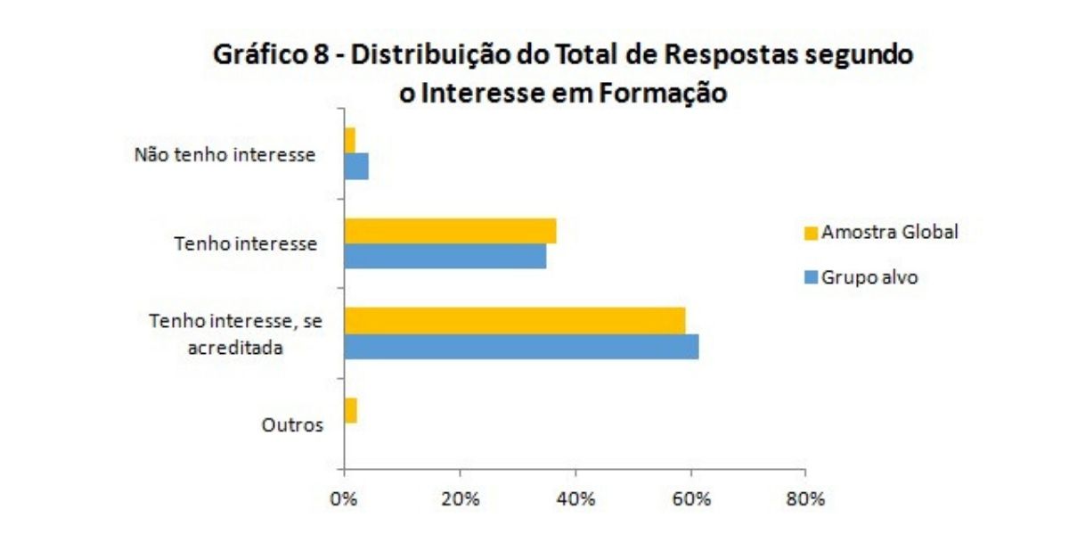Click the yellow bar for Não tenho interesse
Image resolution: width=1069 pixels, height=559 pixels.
[x=349, y=141]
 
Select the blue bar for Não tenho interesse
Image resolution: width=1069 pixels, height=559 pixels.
[x=356, y=167]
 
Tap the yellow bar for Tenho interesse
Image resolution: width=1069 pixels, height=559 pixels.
[x=450, y=231]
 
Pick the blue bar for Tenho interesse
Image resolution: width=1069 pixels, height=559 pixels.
[x=445, y=257]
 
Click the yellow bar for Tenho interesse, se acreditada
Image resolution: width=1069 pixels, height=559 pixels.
[x=515, y=320]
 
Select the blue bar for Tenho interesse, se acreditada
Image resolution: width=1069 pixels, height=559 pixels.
[x=521, y=346]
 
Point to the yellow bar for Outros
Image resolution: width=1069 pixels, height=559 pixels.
[x=350, y=410]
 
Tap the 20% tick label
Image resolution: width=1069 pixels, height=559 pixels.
[x=460, y=499]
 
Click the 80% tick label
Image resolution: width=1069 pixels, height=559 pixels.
[x=805, y=499]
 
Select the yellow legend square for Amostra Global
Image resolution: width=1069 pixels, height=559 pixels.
[x=811, y=234]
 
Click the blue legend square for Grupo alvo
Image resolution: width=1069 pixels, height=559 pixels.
[x=811, y=278]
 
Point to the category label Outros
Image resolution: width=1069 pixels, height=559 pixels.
[x=292, y=425]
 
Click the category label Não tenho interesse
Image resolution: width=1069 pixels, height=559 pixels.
[x=224, y=154]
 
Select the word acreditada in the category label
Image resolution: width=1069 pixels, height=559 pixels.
[x=235, y=348]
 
